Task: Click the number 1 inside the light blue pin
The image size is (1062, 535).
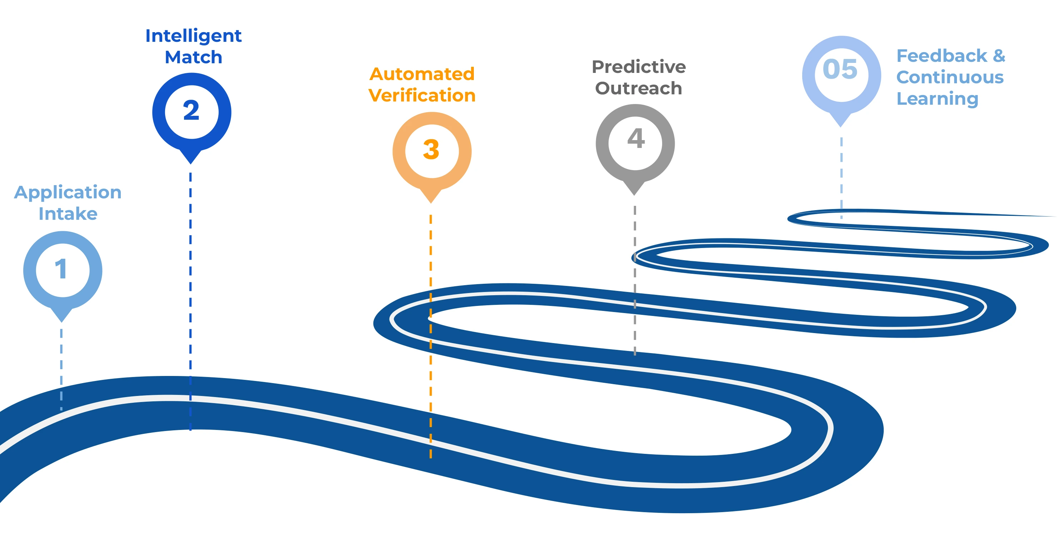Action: pos(61,269)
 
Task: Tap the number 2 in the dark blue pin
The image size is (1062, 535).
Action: pos(191,110)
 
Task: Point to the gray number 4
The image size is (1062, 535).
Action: pos(636,139)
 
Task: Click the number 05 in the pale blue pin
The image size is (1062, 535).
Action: pos(840,69)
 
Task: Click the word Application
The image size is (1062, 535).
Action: pos(68,193)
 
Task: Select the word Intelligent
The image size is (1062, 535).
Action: pos(193,36)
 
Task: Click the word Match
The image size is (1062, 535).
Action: pos(193,57)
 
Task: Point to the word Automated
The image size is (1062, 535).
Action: pos(422,74)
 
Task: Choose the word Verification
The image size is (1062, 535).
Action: pos(422,96)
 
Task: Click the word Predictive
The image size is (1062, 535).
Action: pos(639,67)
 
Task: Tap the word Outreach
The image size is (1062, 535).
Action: pos(639,89)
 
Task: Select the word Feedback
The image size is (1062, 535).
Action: pos(942,56)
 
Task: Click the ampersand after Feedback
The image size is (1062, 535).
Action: pos(999,56)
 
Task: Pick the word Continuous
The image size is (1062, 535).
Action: pos(950,78)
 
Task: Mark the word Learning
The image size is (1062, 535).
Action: pos(937,99)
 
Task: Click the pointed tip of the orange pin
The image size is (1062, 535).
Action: pos(431,202)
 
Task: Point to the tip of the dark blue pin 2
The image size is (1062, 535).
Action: pos(190,163)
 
